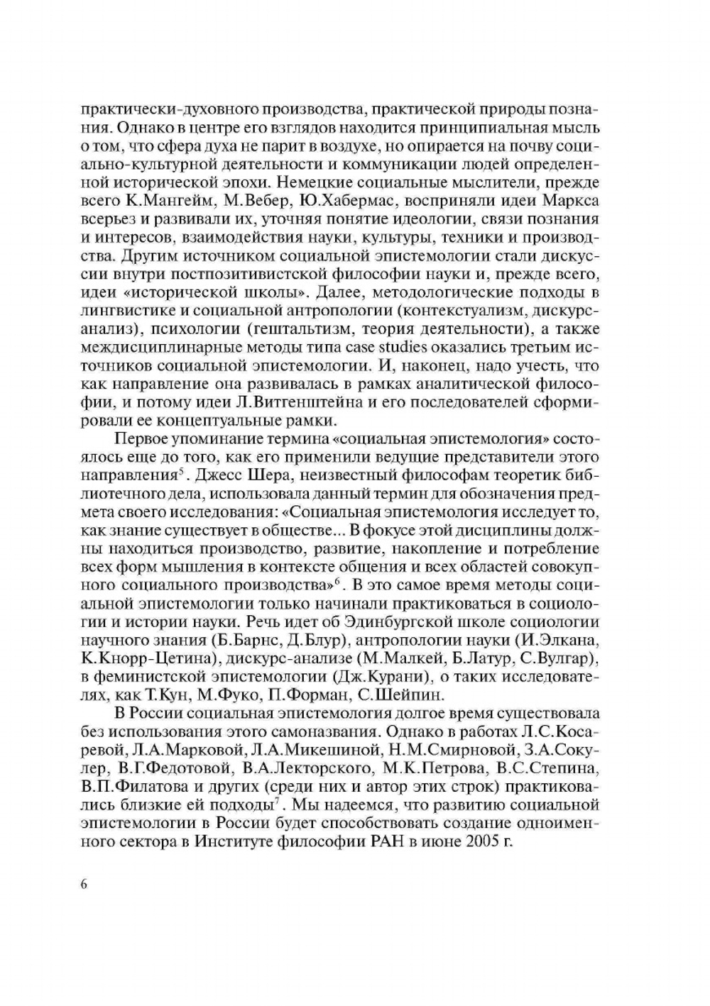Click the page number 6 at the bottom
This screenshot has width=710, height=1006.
pyautogui.click(x=84, y=884)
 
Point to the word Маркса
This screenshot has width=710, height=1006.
pyautogui.click(x=572, y=201)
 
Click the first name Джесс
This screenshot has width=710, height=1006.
pyautogui.click(x=219, y=475)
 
